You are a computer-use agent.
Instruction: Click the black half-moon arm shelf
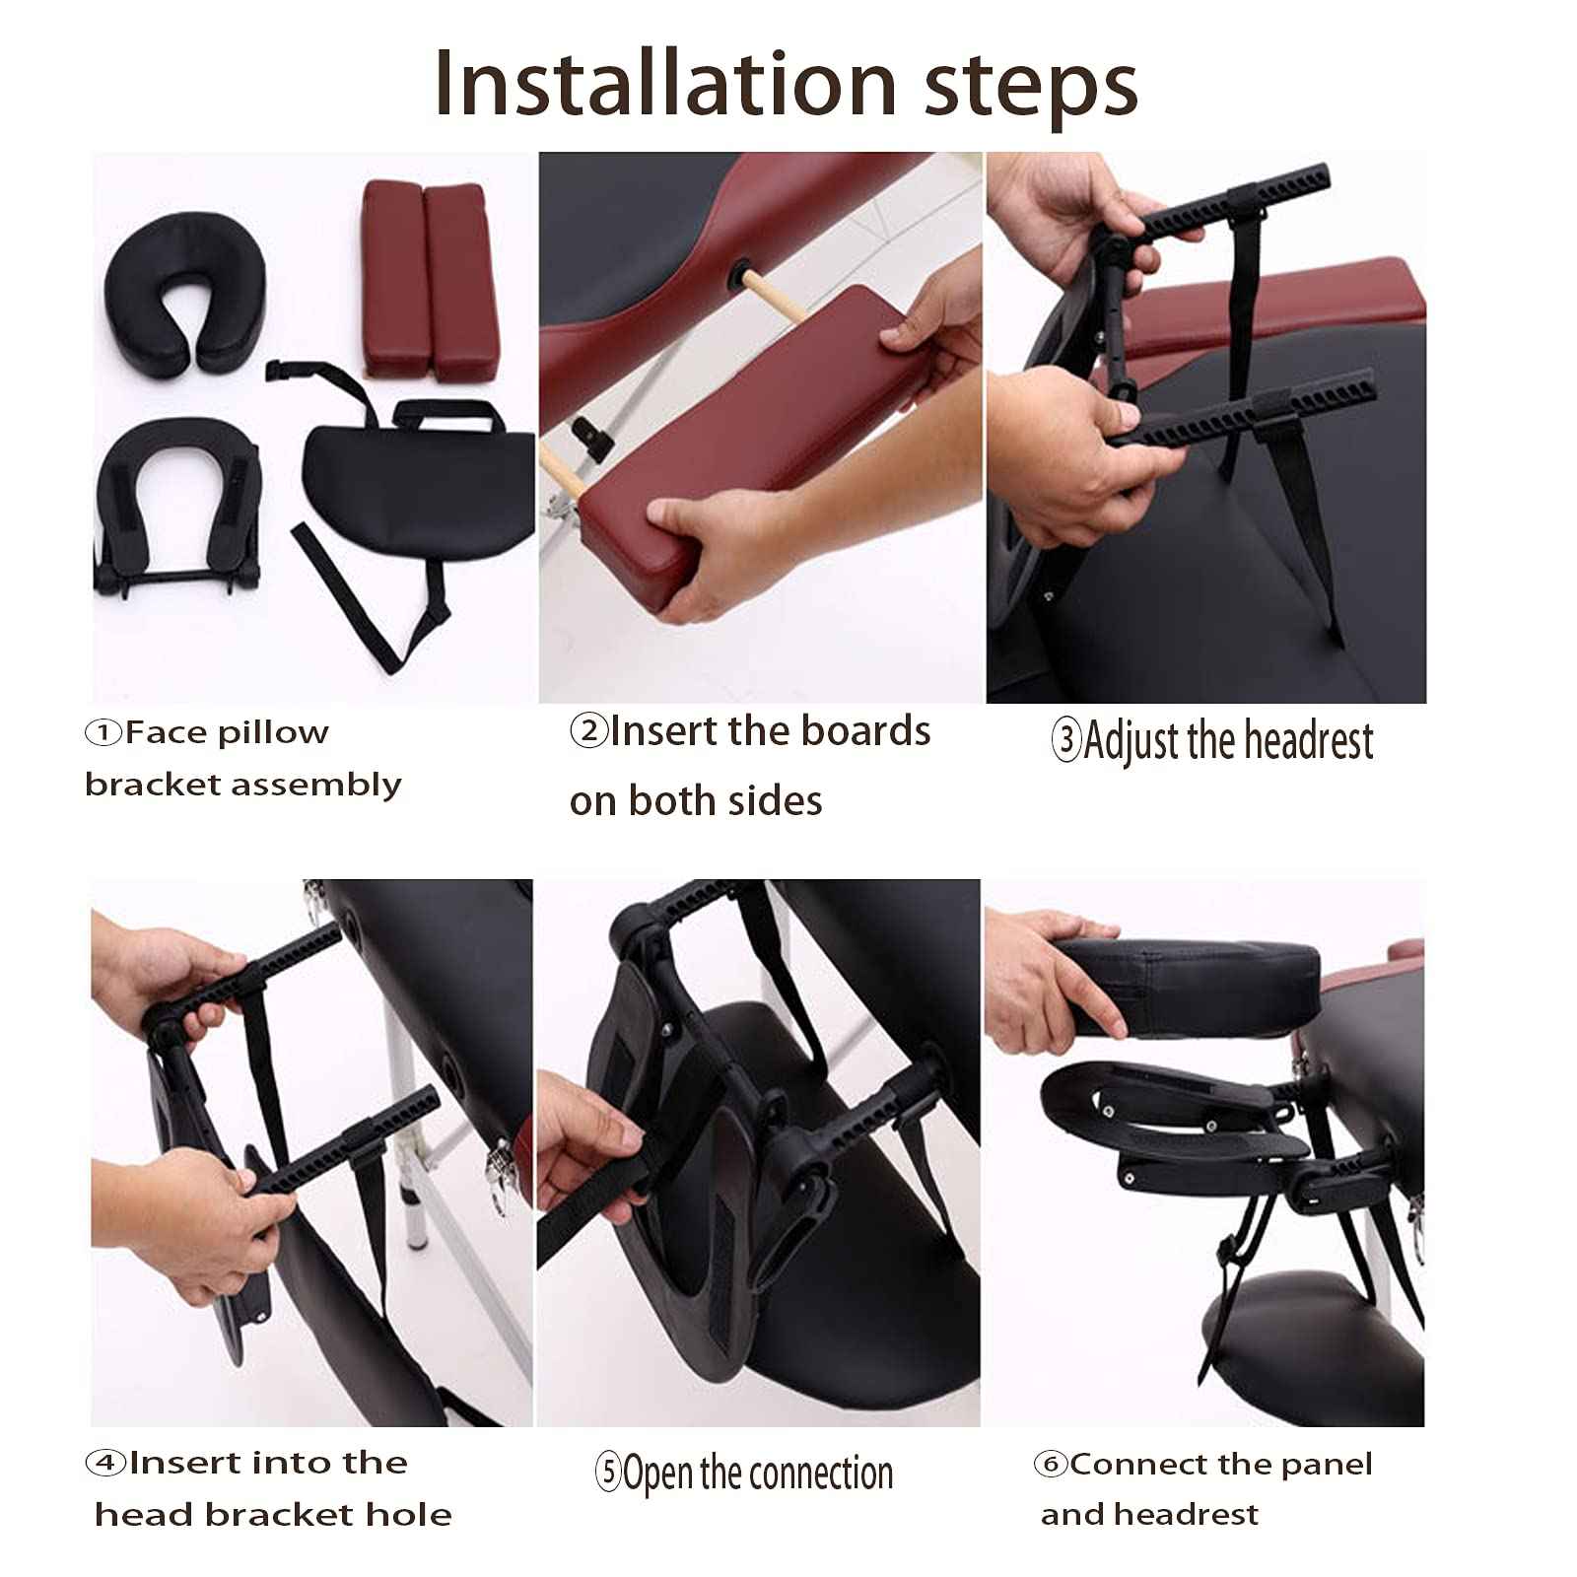(414, 483)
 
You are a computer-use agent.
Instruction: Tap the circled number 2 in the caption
(588, 731)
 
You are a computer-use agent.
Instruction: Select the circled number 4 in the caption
(104, 1463)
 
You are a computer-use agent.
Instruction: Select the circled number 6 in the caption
(1051, 1465)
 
